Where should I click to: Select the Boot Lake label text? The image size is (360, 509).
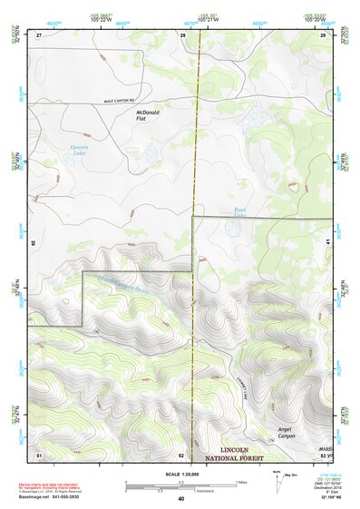pyautogui.click(x=239, y=210)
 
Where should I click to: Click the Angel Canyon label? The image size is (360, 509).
pyautogui.click(x=287, y=432)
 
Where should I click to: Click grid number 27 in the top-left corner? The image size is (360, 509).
pyautogui.click(x=39, y=34)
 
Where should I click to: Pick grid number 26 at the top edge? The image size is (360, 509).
pyautogui.click(x=182, y=34)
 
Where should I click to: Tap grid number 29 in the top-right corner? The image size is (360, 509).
pyautogui.click(x=323, y=34)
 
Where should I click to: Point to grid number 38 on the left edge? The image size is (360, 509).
pyautogui.click(x=34, y=242)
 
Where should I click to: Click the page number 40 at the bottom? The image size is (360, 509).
pyautogui.click(x=181, y=498)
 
